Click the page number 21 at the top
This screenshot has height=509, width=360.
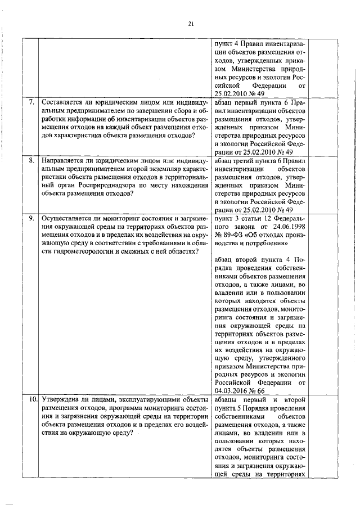coord(191,24)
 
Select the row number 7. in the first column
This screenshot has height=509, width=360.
coord(32,103)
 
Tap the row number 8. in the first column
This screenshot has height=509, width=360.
coord(32,161)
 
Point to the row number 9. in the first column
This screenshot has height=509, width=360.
coord(32,218)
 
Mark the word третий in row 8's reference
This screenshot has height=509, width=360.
coord(248,161)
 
